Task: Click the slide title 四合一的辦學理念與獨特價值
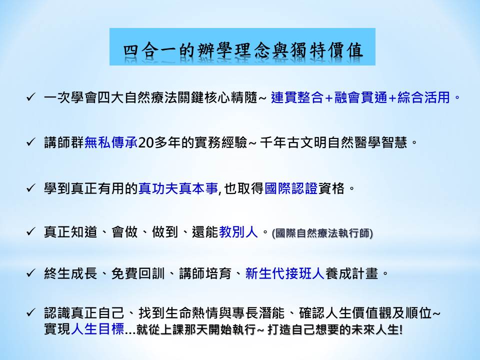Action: coord(243,50)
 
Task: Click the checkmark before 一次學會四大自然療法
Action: coord(31,97)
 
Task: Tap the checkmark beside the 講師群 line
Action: coord(31,142)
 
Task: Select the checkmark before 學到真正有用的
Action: coord(31,188)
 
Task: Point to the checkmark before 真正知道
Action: coord(31,231)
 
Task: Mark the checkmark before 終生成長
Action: coord(31,273)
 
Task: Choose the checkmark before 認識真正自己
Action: coord(31,312)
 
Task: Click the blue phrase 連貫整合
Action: coord(297,97)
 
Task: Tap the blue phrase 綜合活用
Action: coord(423,97)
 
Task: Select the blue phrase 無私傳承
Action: coord(111,142)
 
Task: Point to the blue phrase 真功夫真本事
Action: coord(178,188)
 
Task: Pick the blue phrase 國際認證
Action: coord(291,188)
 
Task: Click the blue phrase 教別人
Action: coord(238,232)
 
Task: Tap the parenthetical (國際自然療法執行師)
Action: coord(322,233)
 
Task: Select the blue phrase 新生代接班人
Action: coord(284,273)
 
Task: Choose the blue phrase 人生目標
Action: coord(97,329)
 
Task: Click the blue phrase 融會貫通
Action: coord(360,97)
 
